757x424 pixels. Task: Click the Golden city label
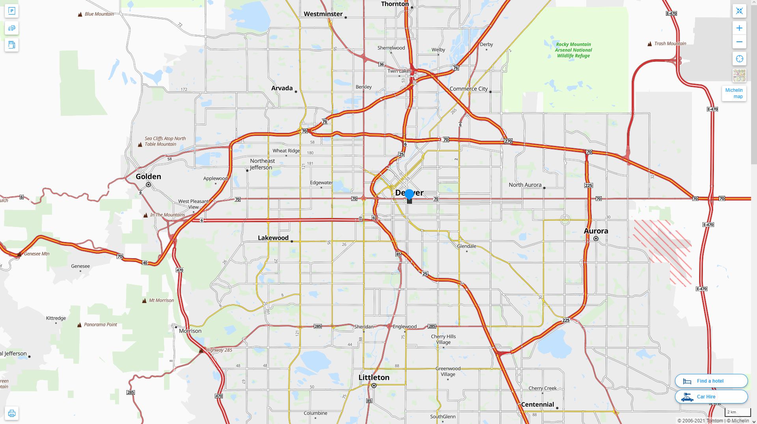[148, 177]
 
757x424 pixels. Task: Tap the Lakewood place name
[273, 238]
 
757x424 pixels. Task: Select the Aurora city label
[596, 231]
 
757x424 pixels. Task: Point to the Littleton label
[374, 378]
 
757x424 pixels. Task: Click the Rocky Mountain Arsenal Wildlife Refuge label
[573, 50]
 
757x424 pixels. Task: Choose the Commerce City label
[468, 89]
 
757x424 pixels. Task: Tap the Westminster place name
[323, 14]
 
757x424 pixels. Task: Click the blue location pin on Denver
[409, 194]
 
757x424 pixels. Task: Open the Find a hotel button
[711, 381]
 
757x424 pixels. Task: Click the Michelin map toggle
[734, 93]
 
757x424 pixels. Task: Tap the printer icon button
[12, 413]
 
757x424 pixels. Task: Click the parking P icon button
[12, 11]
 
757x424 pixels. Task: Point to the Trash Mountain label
[670, 44]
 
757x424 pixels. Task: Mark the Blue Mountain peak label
[99, 14]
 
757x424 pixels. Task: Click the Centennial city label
[537, 405]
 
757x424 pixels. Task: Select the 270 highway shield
[508, 141]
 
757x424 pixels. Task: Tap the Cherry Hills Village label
[443, 339]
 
